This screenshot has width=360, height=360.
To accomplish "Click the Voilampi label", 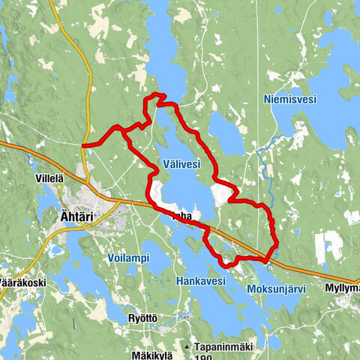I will (x=125, y=257).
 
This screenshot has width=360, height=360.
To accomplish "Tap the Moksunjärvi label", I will (x=280, y=288).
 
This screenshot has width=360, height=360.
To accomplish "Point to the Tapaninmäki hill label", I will (x=225, y=347).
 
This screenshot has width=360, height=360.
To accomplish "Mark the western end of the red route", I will (x=83, y=145).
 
